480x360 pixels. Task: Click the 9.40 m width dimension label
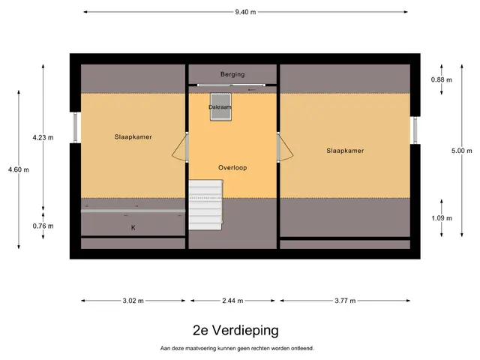(x=245, y=12)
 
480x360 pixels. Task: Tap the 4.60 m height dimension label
(x=19, y=169)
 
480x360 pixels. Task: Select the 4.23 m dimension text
(x=43, y=138)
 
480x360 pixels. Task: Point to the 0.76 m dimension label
(x=43, y=226)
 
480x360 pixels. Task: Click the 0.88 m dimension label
(x=442, y=80)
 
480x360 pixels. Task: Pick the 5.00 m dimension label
(x=462, y=151)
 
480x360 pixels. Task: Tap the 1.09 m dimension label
(x=442, y=218)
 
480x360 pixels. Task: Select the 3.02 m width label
(x=133, y=301)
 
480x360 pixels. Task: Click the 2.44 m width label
(x=232, y=301)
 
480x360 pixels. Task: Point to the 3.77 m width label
(x=345, y=301)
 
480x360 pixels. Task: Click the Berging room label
(x=232, y=74)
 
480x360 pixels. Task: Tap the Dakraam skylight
(x=220, y=107)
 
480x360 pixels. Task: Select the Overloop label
(x=232, y=168)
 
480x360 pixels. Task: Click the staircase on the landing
(x=205, y=205)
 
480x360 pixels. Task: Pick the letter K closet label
(x=133, y=227)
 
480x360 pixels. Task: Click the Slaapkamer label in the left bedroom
(x=133, y=137)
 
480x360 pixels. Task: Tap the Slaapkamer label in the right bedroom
(x=345, y=151)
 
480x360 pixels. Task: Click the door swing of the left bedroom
(x=178, y=148)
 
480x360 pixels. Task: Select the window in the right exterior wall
(x=415, y=130)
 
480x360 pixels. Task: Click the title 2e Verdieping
(x=235, y=331)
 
